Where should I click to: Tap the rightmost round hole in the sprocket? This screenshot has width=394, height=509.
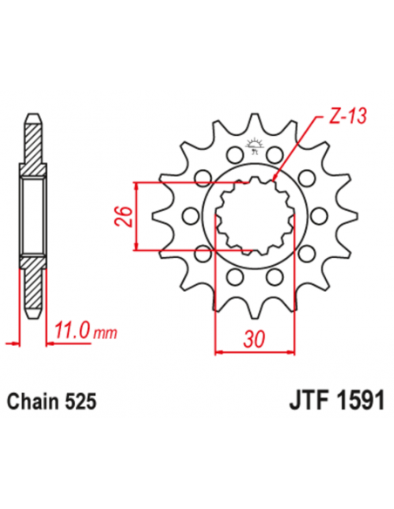(316, 215)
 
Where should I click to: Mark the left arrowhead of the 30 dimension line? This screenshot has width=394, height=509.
(218, 351)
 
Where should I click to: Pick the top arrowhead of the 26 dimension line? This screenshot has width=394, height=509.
(136, 186)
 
